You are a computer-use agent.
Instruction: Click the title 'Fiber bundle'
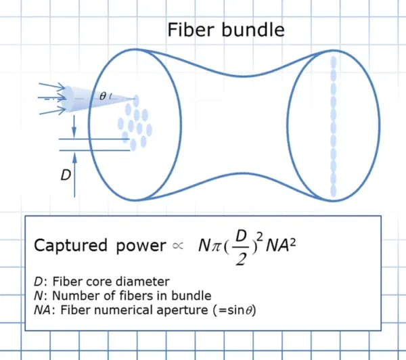point(226,30)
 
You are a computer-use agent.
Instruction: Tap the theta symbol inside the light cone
point(102,96)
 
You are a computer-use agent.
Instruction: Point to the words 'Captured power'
point(99,246)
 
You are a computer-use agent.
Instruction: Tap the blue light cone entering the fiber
point(101,98)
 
